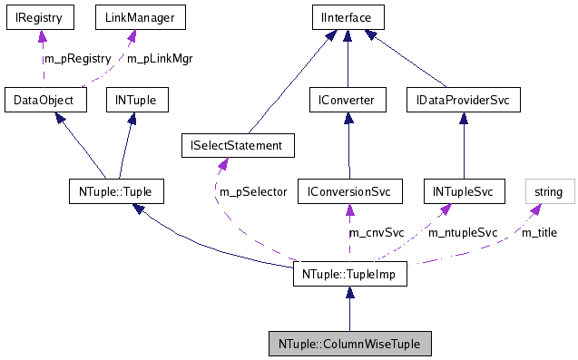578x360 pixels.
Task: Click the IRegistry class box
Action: point(37,16)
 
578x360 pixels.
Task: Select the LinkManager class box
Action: point(131,16)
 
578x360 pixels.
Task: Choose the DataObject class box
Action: point(44,100)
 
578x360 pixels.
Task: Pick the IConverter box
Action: point(348,100)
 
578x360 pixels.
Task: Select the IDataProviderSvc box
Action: point(464,100)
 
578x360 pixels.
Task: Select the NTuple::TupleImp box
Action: point(349,274)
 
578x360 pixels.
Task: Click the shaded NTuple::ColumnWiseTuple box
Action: point(349,344)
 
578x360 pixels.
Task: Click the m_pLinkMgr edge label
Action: point(159,58)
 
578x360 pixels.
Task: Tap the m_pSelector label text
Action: point(253,192)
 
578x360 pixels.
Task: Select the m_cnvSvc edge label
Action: point(377,233)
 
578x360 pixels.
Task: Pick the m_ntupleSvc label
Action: point(463,233)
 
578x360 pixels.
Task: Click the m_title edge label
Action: point(538,233)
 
